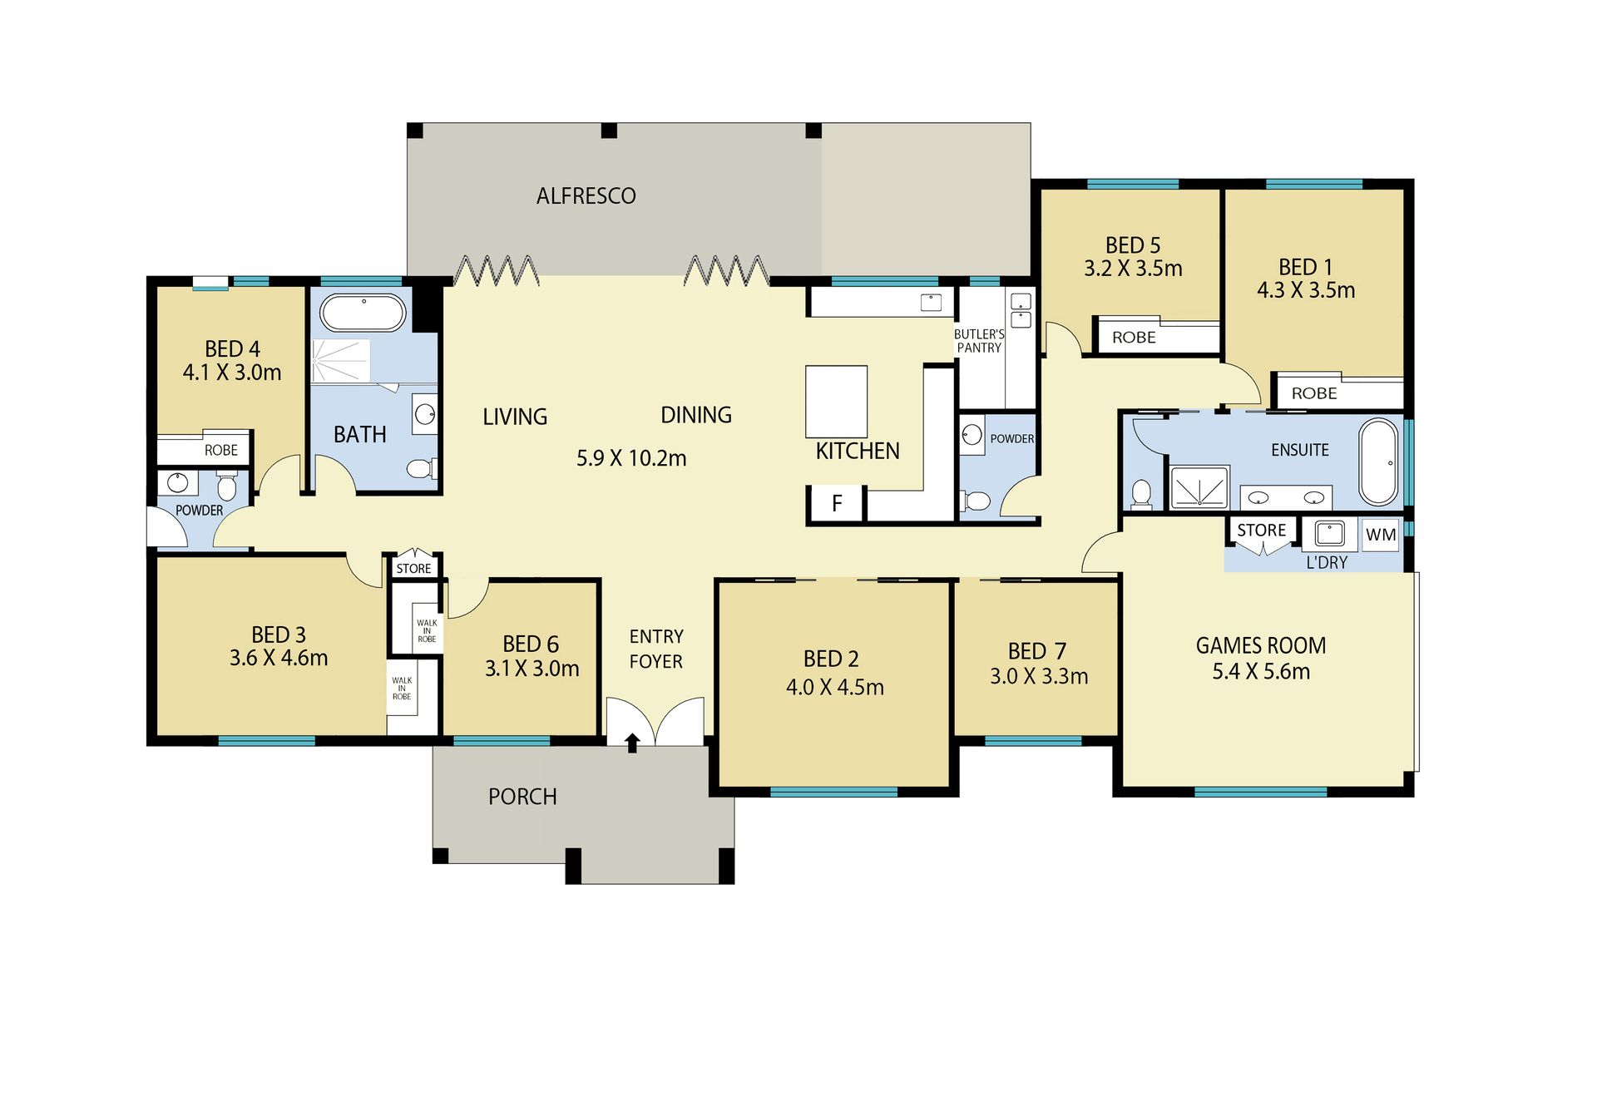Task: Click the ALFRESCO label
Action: click(586, 196)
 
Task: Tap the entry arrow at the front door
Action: click(632, 742)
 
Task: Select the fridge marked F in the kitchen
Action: click(837, 503)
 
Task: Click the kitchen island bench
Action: click(836, 402)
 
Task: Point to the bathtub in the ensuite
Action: click(1379, 462)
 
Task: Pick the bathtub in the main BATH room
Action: click(363, 313)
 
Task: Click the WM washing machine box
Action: click(1381, 535)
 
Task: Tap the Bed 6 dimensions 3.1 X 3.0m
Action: click(532, 669)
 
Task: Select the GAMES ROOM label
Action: click(1261, 645)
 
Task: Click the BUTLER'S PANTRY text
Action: click(979, 341)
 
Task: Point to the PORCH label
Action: click(522, 797)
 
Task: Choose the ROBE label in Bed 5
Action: click(1134, 338)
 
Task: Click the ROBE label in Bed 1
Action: click(1314, 393)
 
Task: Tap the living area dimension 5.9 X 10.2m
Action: click(631, 458)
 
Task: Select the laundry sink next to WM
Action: click(1329, 534)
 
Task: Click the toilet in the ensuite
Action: click(1141, 493)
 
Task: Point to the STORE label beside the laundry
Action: click(1261, 531)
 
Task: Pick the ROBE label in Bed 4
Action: click(221, 450)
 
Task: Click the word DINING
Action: click(696, 415)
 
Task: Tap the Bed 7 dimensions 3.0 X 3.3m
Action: click(1039, 677)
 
